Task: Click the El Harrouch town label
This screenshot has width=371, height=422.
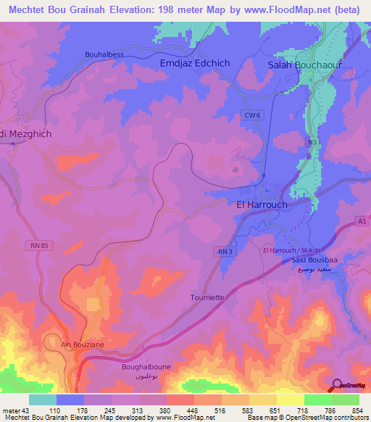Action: (262, 204)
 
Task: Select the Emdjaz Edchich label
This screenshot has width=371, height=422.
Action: (194, 63)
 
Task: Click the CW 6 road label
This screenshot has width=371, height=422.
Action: (251, 115)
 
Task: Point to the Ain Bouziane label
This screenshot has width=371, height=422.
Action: (76, 344)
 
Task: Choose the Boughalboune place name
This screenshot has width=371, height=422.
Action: (146, 367)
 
